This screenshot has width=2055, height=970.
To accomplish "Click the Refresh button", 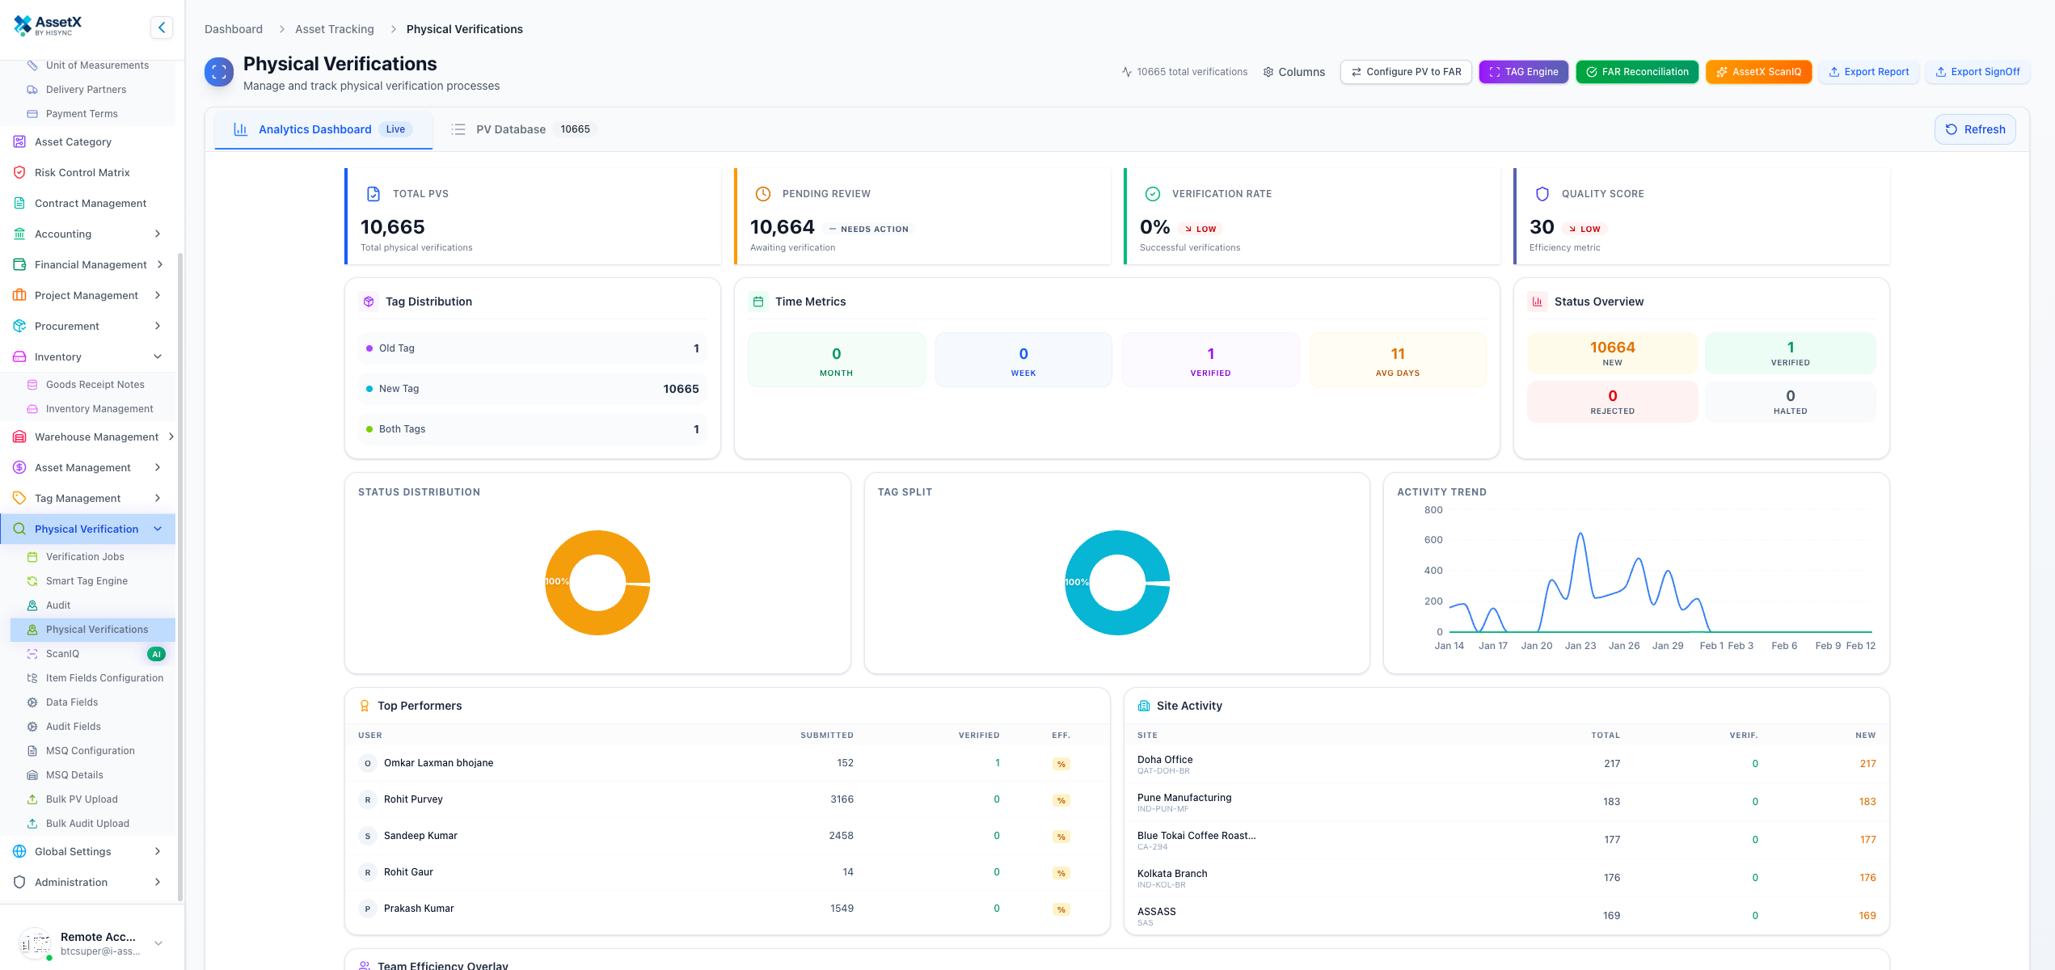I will pos(1974,129).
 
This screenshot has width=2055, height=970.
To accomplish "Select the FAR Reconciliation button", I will pos(1636,72).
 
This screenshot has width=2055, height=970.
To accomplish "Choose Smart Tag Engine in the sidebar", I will pos(87,581).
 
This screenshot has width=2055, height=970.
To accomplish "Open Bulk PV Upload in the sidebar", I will pos(82,799).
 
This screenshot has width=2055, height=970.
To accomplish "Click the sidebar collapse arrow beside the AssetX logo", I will pos(162,27).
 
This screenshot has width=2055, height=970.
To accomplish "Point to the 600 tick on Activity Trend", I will pos(1433,540).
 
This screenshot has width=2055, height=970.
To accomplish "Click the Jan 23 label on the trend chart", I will pos(1580,646).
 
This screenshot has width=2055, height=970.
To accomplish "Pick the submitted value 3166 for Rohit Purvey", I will pos(842,799).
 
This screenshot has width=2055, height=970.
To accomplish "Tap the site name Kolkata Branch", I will pos(1171,874).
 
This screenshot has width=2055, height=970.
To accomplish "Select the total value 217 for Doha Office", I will pos(1611,764).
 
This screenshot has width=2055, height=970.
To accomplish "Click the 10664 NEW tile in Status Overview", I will pos(1612,353).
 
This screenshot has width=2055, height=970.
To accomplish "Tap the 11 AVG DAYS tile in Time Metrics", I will pos(1397,360).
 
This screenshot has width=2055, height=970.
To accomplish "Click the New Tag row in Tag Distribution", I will pos(532,389).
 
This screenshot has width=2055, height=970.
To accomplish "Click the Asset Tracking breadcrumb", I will pos(334,29).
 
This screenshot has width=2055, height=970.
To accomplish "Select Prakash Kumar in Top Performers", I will pos(419,909).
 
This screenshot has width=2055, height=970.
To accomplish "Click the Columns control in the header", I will pos(1293,72).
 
